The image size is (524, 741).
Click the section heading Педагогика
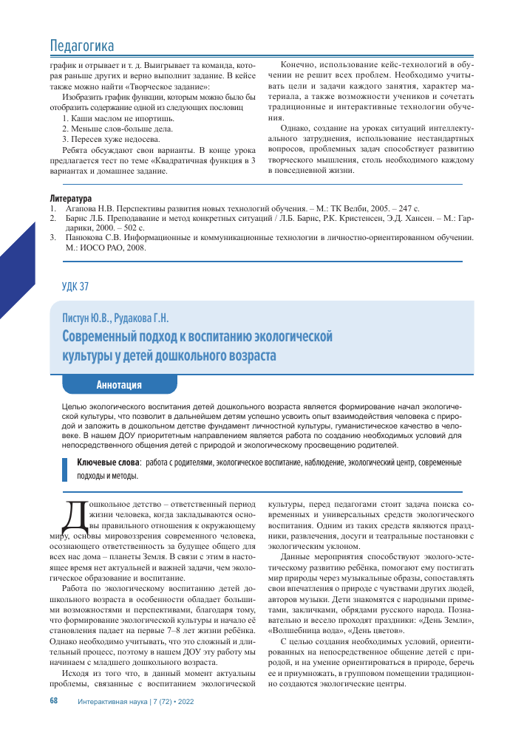[x=82, y=46]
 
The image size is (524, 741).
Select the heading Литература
[x=70, y=199]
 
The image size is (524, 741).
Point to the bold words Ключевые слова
[x=109, y=462]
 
